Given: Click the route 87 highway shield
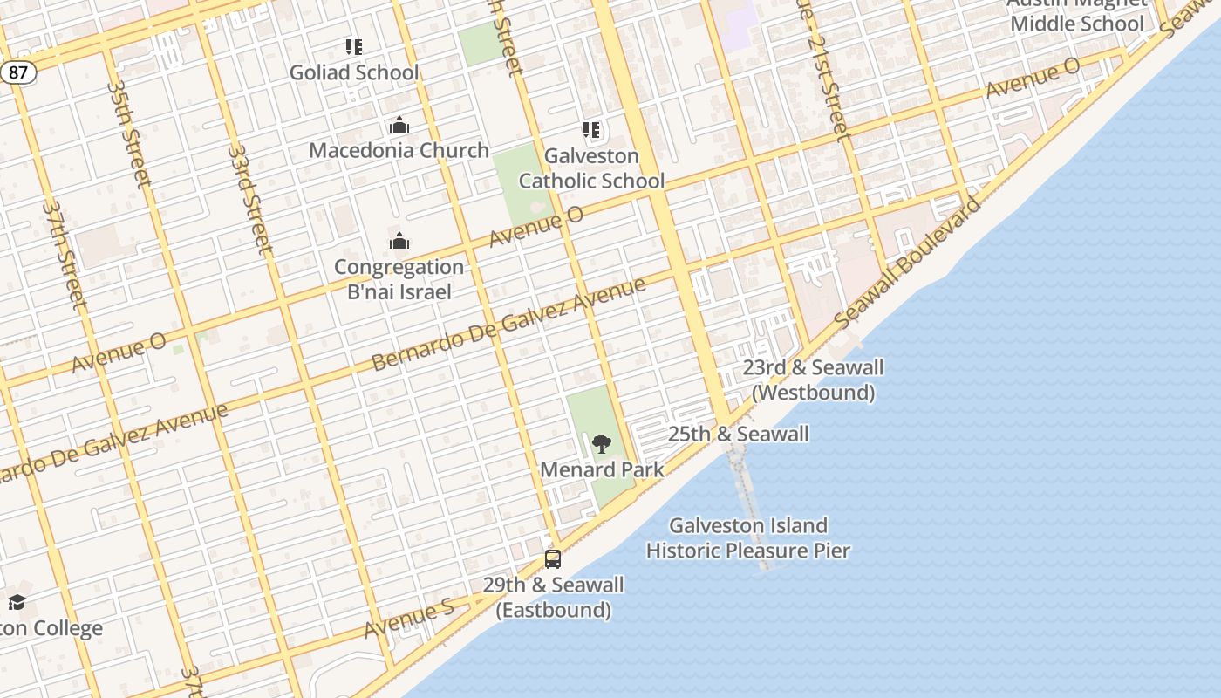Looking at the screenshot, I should point(18,72).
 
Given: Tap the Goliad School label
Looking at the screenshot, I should point(354,72).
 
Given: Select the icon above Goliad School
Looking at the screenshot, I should point(353,47).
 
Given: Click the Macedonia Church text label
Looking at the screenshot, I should point(399,150).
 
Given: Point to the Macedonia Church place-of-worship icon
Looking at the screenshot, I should point(399,126).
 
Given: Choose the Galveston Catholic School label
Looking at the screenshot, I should point(591,168).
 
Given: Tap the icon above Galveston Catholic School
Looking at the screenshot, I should point(591,131).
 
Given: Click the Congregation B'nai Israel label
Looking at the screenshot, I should point(399,279).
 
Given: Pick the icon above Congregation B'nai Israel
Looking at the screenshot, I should point(399,242).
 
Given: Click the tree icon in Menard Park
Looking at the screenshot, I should point(602,444).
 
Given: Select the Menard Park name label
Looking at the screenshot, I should point(602,469).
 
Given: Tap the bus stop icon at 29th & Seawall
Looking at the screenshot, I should point(553,559).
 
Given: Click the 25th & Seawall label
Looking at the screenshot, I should point(738,434).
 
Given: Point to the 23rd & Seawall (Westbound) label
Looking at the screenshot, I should point(813,380).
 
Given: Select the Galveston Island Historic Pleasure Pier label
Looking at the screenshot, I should point(748,537).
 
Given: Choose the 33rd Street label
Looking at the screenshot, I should point(250,199).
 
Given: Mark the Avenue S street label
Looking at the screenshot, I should point(409,619).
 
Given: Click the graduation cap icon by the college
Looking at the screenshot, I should point(17,602).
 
